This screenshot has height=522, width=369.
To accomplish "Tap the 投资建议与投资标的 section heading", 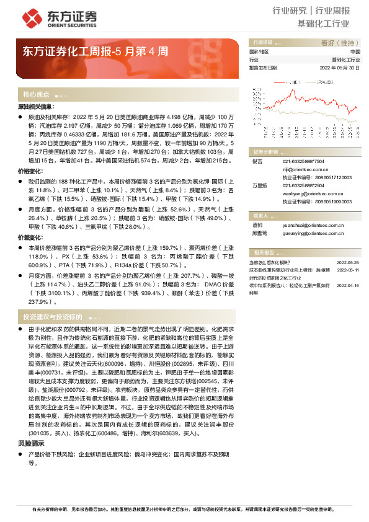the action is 53,316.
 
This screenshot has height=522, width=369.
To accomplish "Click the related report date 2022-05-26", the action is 347,262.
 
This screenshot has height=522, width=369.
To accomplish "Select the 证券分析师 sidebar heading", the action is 265,151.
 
